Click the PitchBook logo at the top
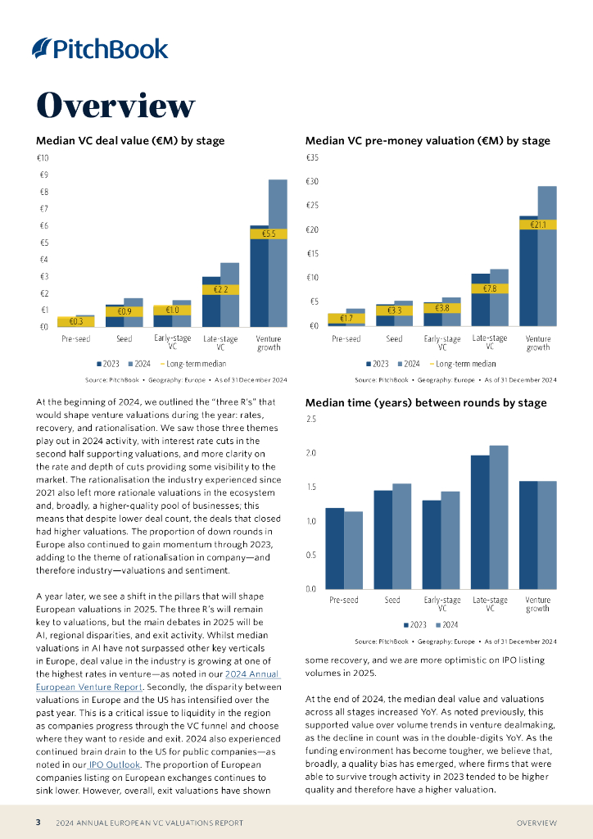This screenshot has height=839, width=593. (99, 48)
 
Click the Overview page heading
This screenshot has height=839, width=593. (115, 106)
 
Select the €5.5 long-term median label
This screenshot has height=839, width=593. (269, 234)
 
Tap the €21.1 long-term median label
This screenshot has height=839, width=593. (538, 224)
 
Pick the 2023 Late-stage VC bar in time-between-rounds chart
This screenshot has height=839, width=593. (480, 522)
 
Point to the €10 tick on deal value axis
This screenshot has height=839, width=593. (43, 157)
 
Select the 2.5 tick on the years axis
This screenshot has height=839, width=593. (310, 419)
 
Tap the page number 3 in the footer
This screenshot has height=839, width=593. (38, 823)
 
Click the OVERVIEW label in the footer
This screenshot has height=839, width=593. (536, 823)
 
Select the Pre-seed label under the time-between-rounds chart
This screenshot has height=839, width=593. (345, 600)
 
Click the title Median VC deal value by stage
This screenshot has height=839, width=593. (129, 141)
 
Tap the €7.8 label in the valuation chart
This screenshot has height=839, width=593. (490, 288)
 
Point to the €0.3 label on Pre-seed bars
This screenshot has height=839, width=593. (76, 322)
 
